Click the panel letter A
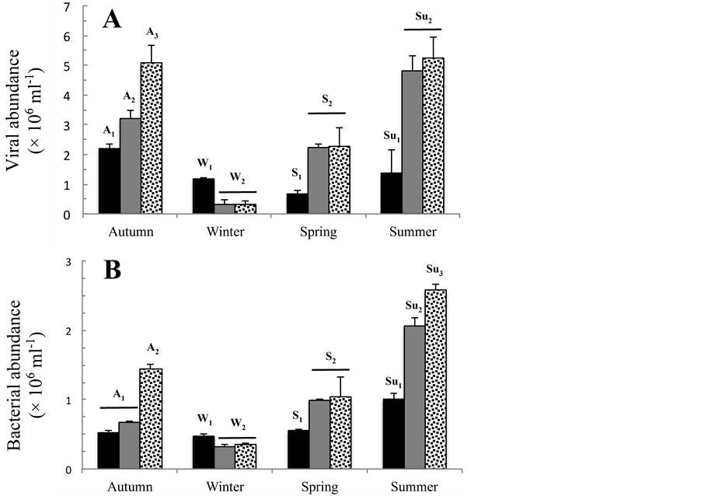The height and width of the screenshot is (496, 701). [x=113, y=19]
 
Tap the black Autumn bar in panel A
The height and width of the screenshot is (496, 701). [x=109, y=181]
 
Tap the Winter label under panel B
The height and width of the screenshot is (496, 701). [x=225, y=487]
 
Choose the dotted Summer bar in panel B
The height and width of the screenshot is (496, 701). [x=434, y=379]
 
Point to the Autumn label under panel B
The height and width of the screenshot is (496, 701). [x=129, y=487]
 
